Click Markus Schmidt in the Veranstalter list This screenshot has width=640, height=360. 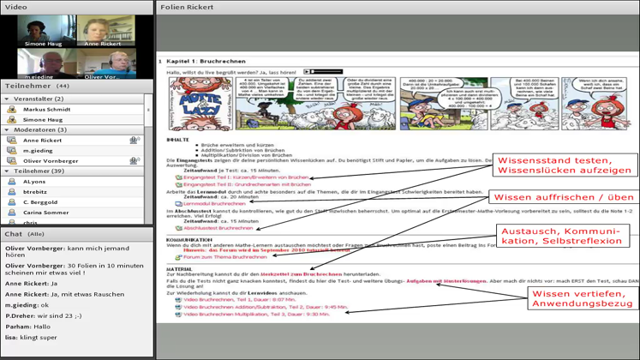point(48,110)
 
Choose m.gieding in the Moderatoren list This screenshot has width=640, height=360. point(38,150)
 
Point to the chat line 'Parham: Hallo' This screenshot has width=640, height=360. point(28,327)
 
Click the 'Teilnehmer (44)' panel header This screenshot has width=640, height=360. point(38,86)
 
